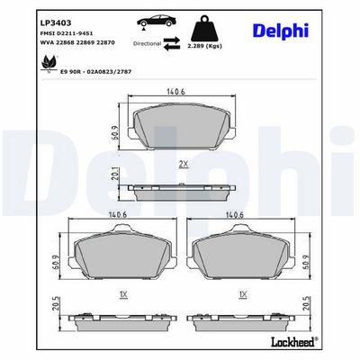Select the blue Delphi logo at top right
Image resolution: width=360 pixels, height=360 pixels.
tap(281, 31)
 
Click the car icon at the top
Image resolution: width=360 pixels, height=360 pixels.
tap(157, 22)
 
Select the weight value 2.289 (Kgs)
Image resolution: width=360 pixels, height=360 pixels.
tap(204, 46)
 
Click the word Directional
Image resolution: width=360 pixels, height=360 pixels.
tap(147, 43)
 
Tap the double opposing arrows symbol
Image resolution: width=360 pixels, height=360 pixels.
tap(172, 43)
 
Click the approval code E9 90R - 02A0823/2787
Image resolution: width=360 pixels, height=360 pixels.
tap(96, 72)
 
